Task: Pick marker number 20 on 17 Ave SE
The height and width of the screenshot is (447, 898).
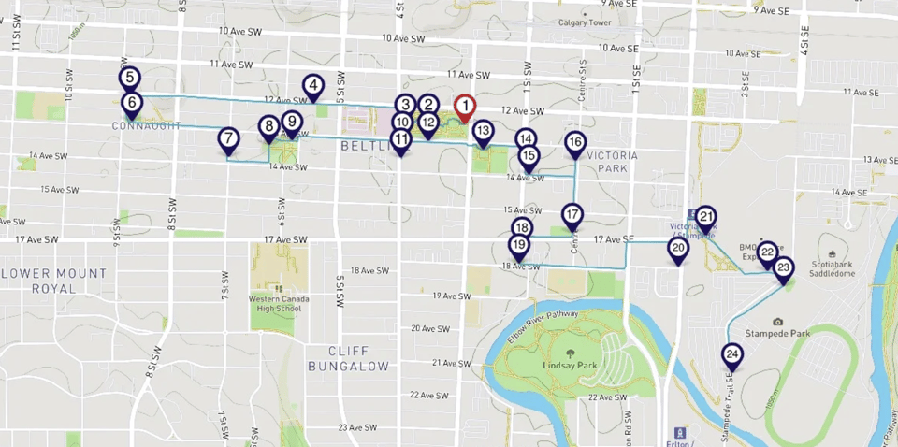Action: point(678,249)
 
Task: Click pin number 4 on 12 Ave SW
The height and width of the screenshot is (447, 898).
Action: point(313,88)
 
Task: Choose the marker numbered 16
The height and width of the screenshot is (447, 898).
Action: point(575,142)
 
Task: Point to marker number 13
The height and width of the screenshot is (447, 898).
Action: point(483,132)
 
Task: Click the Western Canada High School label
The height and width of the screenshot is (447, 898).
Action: point(275,303)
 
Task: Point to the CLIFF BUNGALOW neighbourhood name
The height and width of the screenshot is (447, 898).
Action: point(349,357)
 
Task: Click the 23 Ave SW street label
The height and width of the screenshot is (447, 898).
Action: point(356,427)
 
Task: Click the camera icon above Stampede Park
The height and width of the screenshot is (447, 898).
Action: point(778,322)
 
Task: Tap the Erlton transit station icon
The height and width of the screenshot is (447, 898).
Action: point(680,432)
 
